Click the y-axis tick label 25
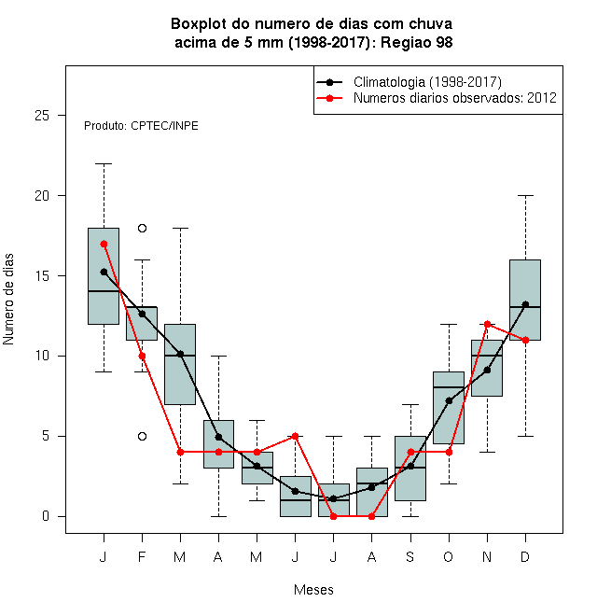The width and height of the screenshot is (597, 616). (x=42, y=116)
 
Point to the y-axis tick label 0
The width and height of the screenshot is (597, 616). (x=46, y=516)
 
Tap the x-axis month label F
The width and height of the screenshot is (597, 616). (x=142, y=556)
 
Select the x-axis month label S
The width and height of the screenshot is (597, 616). (x=410, y=556)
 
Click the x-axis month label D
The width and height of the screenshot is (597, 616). (x=525, y=556)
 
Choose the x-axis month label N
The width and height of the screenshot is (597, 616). (x=487, y=556)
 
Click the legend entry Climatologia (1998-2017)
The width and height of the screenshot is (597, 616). (x=427, y=82)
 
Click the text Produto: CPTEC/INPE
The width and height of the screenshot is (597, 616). (x=141, y=126)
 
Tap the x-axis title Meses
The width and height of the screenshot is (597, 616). (x=313, y=590)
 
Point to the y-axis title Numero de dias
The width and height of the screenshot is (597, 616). (x=8, y=300)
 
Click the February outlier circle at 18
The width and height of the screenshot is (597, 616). (x=142, y=229)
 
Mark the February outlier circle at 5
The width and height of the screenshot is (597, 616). (x=142, y=436)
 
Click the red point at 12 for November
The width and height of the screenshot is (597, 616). (x=487, y=324)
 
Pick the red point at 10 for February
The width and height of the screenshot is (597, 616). (x=142, y=356)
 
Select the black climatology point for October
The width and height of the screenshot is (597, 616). (x=449, y=400)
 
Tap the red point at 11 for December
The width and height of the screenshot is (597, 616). (x=525, y=340)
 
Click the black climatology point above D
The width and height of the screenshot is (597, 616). (x=525, y=304)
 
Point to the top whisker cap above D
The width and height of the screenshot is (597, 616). (x=525, y=195)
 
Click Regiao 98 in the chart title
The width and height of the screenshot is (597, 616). (x=417, y=42)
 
